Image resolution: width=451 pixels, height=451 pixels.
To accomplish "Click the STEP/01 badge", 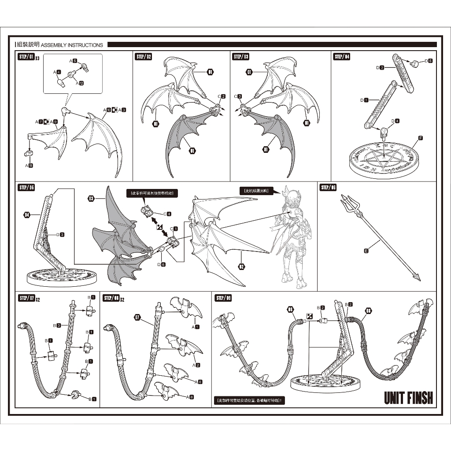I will (26, 57).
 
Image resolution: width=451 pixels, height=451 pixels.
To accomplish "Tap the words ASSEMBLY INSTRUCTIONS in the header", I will (72, 45).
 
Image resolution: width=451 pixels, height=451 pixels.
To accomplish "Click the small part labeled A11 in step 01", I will (29, 153).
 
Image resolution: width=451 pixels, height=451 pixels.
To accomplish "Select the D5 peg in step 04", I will (414, 63).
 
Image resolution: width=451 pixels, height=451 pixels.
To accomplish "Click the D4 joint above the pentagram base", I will (384, 130).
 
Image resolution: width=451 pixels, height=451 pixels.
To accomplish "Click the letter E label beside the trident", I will (366, 251).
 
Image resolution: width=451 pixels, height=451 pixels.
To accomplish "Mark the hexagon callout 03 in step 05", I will (91, 199).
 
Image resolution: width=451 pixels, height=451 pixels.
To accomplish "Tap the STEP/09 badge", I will (223, 298).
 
